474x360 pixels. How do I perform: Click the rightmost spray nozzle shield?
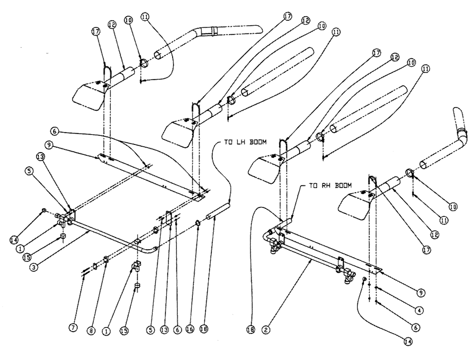(x=353, y=204)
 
